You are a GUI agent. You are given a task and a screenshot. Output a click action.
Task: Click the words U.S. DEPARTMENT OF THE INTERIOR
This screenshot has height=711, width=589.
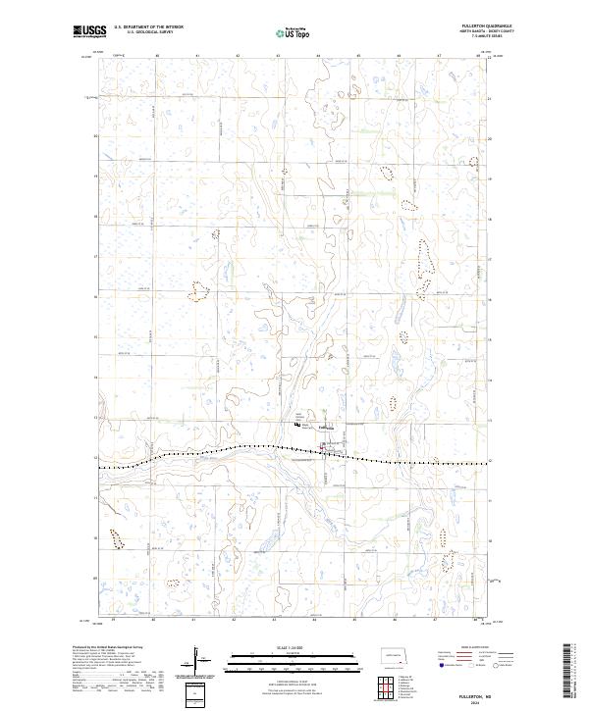click(148, 27)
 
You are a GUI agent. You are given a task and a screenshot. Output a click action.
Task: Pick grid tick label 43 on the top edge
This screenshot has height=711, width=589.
click(278, 56)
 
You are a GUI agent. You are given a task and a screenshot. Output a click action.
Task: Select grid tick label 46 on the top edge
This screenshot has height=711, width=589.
click(399, 56)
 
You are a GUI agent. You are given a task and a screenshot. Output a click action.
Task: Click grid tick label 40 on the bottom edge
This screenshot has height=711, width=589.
click(155, 621)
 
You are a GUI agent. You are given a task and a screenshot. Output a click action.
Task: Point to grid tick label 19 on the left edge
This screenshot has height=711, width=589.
click(96, 178)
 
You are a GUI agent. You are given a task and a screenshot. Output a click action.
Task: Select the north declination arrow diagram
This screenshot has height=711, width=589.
click(196, 659)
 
